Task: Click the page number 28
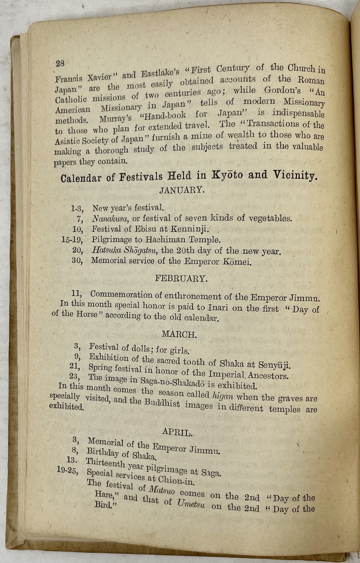[x=60, y=63]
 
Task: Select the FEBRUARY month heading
[x=181, y=278]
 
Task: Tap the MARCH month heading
[x=179, y=335]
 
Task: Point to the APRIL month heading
[x=177, y=432]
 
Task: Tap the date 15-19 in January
[x=72, y=240]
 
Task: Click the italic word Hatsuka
[x=105, y=250]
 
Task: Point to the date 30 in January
[x=77, y=260]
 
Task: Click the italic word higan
[x=223, y=396]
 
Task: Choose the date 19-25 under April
[x=68, y=470]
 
